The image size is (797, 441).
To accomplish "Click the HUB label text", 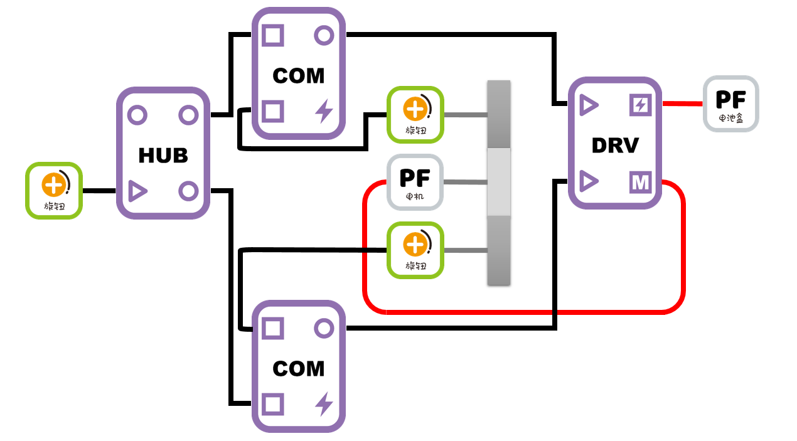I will pyautogui.click(x=163, y=155).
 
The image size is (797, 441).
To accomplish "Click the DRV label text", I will pyautogui.click(x=614, y=145).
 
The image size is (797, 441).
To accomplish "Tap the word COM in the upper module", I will pyautogui.click(x=299, y=76).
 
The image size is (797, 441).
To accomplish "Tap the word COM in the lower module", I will pyautogui.click(x=299, y=368).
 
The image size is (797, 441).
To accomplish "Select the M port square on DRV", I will pyautogui.click(x=640, y=183).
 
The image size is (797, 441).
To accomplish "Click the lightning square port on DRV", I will pyautogui.click(x=640, y=105).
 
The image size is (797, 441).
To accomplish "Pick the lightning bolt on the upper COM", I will pyautogui.click(x=324, y=112).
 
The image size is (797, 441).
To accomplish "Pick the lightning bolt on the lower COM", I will pyautogui.click(x=324, y=404).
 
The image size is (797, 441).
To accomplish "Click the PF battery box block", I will pyautogui.click(x=730, y=104).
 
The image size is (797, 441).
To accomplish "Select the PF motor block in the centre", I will pyautogui.click(x=415, y=182).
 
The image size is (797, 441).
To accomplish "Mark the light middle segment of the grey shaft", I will pyautogui.click(x=499, y=182).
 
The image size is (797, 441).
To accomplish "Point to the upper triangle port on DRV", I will pyautogui.click(x=588, y=105).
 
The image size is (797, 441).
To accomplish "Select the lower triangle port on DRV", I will pyautogui.click(x=588, y=182).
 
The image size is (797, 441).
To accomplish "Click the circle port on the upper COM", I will pyautogui.click(x=324, y=36).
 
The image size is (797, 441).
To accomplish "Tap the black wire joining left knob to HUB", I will pyautogui.click(x=99, y=190).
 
